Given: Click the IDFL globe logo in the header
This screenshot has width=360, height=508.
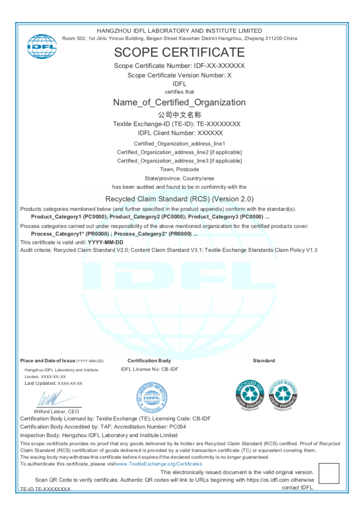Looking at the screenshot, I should tap(42, 46).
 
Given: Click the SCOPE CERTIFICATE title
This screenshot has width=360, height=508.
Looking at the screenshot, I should tap(179, 52).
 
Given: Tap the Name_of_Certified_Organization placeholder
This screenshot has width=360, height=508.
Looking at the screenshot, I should tap(179, 102).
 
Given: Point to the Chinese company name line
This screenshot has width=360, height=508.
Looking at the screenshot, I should tap(179, 114).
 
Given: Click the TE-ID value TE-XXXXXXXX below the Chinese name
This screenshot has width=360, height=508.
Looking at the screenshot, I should tap(219, 124).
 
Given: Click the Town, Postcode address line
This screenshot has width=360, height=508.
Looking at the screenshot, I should tap(179, 169).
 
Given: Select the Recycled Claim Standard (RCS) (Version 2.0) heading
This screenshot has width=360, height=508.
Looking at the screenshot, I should tap(179, 199).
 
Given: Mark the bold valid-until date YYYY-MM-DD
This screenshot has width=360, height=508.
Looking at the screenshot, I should tap(106, 243).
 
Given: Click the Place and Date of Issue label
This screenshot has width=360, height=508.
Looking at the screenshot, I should tap(47, 361).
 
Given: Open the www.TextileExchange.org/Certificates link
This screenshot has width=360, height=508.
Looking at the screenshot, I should tap(159, 464).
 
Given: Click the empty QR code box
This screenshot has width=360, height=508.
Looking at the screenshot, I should tap(328, 473).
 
